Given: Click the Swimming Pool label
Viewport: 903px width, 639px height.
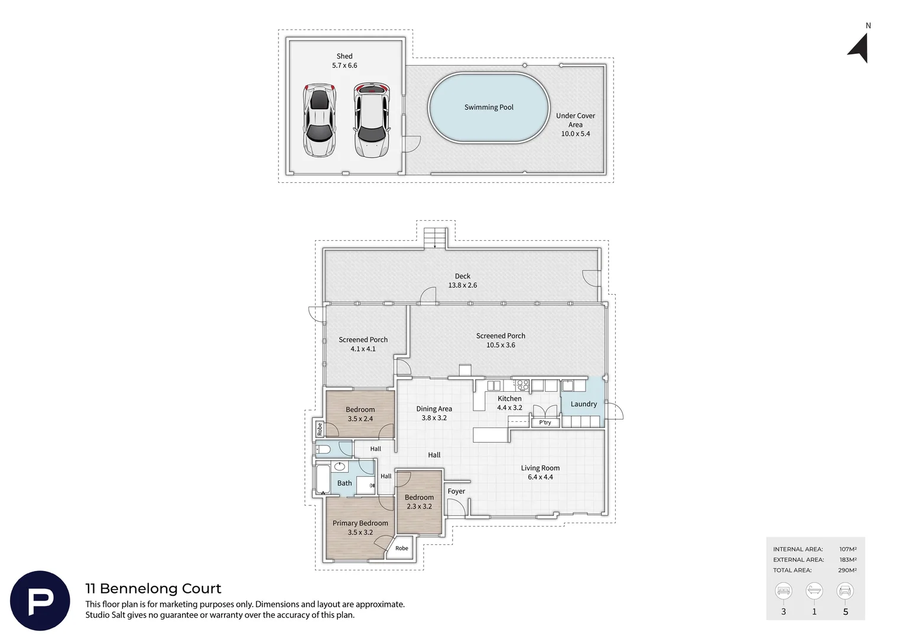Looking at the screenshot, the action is coord(489,107).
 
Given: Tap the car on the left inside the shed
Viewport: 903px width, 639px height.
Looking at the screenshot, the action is coord(319,120).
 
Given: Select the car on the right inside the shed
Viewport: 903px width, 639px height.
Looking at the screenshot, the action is coord(371,120).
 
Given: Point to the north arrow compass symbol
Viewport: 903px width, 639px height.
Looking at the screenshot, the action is coord(859,49).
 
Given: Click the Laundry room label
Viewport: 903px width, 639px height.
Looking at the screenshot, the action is coord(583,404).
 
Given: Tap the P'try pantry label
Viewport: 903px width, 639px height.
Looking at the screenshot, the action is coord(545,422).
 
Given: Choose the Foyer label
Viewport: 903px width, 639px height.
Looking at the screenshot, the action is coord(456,491).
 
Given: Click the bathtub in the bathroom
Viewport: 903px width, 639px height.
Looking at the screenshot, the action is coord(323,479).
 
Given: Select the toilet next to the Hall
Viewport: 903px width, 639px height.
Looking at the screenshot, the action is coord(323,449).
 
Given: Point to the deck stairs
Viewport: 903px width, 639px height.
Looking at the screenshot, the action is coord(436,238).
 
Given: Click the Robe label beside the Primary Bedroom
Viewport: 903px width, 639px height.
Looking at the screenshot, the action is coord(401,548).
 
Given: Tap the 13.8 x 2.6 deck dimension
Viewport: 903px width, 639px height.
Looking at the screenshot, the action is coord(462,285).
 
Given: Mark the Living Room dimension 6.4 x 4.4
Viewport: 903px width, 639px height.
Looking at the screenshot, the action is coord(540,477).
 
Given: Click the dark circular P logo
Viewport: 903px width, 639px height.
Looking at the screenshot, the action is coord(40,601).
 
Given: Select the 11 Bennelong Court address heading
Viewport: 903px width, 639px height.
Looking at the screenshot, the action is coord(153,589).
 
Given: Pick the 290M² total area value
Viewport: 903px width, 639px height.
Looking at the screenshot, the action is coord(847,570).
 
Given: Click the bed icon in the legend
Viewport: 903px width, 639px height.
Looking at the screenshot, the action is coord(783,591).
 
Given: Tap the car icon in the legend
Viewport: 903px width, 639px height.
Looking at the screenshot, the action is coord(845,591).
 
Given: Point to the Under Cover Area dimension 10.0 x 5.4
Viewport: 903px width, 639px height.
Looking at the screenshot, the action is coord(575,134).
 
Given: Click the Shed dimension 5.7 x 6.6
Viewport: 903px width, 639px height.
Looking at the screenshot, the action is coord(345,66).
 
